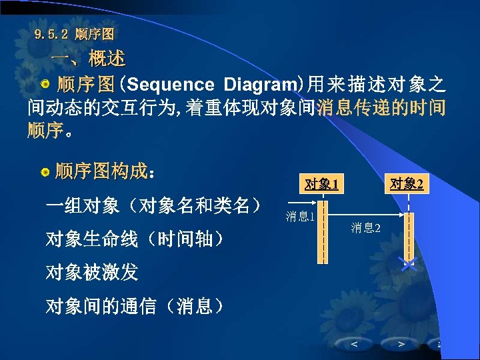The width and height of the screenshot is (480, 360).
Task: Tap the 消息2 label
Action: tap(366, 228)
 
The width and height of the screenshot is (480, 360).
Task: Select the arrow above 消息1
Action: tap(301, 202)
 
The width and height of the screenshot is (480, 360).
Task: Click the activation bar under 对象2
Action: tap(409, 237)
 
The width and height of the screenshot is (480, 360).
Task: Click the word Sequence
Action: tap(170, 85)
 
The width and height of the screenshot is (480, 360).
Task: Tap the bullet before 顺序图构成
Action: tap(45, 173)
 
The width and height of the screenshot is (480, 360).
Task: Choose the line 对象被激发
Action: tap(91, 272)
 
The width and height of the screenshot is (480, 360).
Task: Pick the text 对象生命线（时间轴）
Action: tap(133, 238)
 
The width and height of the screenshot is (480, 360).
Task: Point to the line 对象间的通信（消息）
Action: tap(133, 306)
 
